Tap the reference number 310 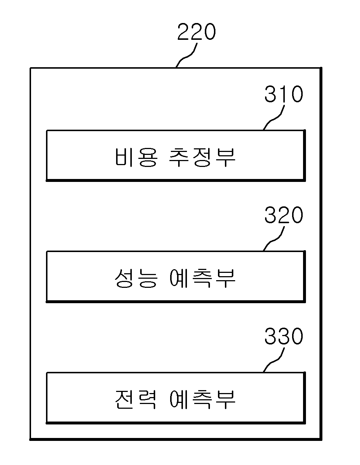click(x=284, y=94)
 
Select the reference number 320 click(x=284, y=215)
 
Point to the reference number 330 click(x=284, y=336)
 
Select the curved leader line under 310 click(x=274, y=118)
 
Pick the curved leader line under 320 click(x=274, y=239)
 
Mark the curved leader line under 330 click(x=274, y=360)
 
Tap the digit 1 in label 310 click(x=284, y=94)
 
